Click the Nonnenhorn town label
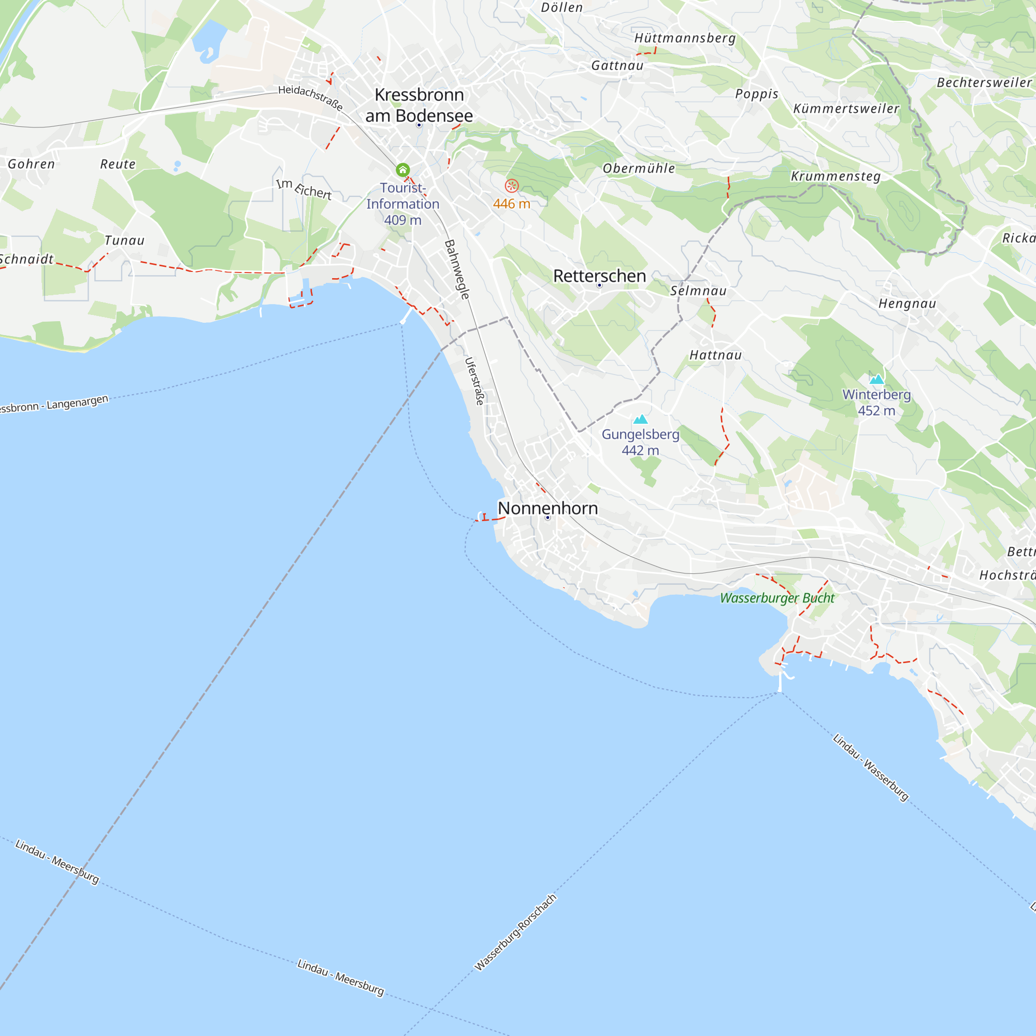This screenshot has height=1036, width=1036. point(548,508)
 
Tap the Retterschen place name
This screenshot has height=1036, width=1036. point(599,276)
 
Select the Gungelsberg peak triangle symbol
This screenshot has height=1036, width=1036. point(640,420)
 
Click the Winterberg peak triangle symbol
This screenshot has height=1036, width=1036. point(877,380)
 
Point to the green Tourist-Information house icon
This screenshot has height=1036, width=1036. point(402,170)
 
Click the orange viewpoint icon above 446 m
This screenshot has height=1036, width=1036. point(512,186)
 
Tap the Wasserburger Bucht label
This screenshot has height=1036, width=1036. point(777,598)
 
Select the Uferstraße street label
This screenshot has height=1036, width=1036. point(474,381)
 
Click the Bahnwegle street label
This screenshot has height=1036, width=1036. point(457,269)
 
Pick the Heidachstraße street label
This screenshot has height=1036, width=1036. point(310,97)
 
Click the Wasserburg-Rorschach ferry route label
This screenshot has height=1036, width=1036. point(516,932)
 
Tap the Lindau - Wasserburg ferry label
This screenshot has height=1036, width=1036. point(871,767)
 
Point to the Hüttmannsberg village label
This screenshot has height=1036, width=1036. point(685,38)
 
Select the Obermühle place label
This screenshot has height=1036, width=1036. point(639,168)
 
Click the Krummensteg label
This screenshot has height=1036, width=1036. point(836,177)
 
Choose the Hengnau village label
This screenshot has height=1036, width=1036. point(908,304)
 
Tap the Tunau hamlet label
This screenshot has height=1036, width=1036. point(124,240)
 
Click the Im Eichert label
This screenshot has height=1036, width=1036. point(304,189)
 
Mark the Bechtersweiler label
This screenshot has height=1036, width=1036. point(984,82)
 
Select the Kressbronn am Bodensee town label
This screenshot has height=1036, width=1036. point(420,105)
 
